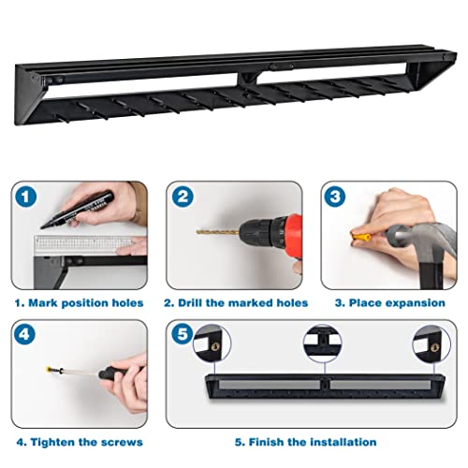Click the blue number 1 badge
coord(25,197)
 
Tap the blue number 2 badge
coord(183,197)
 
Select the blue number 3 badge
coord(335,197)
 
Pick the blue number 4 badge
coord(25,334)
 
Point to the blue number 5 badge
coord(183,334)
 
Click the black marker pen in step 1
coord(77,210)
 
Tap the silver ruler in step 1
coord(83,244)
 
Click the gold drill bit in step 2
coord(218,232)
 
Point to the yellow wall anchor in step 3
coord(361,237)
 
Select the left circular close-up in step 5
coord(212,344)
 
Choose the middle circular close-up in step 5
coord(323,344)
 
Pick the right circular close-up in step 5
coord(431,344)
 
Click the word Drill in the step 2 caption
coord(190,303)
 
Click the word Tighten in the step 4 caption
coord(52,442)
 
